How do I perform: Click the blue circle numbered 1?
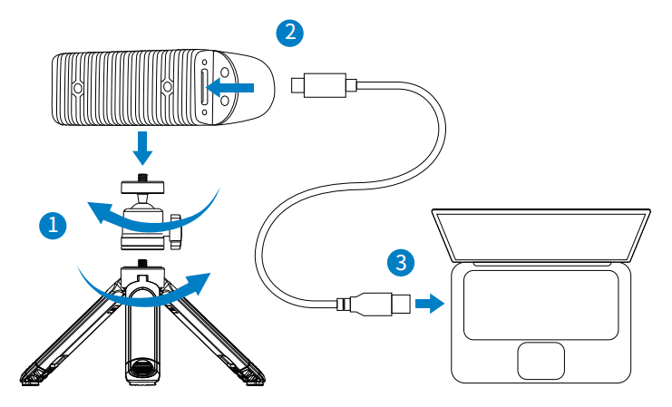pyautogui.click(x=54, y=225)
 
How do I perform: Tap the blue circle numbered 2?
pyautogui.click(x=289, y=34)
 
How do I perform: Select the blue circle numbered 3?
pyautogui.click(x=402, y=263)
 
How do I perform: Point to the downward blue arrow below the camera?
pyautogui.click(x=142, y=144)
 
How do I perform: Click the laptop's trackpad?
pyautogui.click(x=541, y=361)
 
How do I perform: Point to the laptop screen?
pyautogui.click(x=541, y=234)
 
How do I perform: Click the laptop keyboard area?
pyautogui.click(x=541, y=302)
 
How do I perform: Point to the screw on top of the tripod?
pyautogui.click(x=141, y=263)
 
